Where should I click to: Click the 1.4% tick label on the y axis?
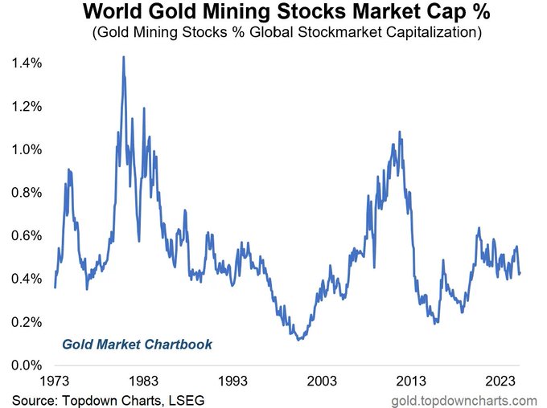[27, 63]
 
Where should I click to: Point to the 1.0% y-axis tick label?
[27, 149]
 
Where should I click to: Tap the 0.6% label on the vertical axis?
[27, 235]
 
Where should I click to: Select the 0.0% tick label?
[27, 365]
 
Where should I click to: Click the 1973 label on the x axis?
[55, 381]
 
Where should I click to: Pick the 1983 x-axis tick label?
[143, 381]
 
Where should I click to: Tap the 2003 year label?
[322, 381]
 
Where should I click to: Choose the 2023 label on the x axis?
[500, 381]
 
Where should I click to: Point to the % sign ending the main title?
[481, 11]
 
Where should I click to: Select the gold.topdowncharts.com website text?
[465, 401]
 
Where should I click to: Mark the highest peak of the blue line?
[124, 57]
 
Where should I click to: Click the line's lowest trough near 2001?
[299, 340]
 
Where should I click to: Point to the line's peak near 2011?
[400, 132]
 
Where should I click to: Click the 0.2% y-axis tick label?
[27, 322]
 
